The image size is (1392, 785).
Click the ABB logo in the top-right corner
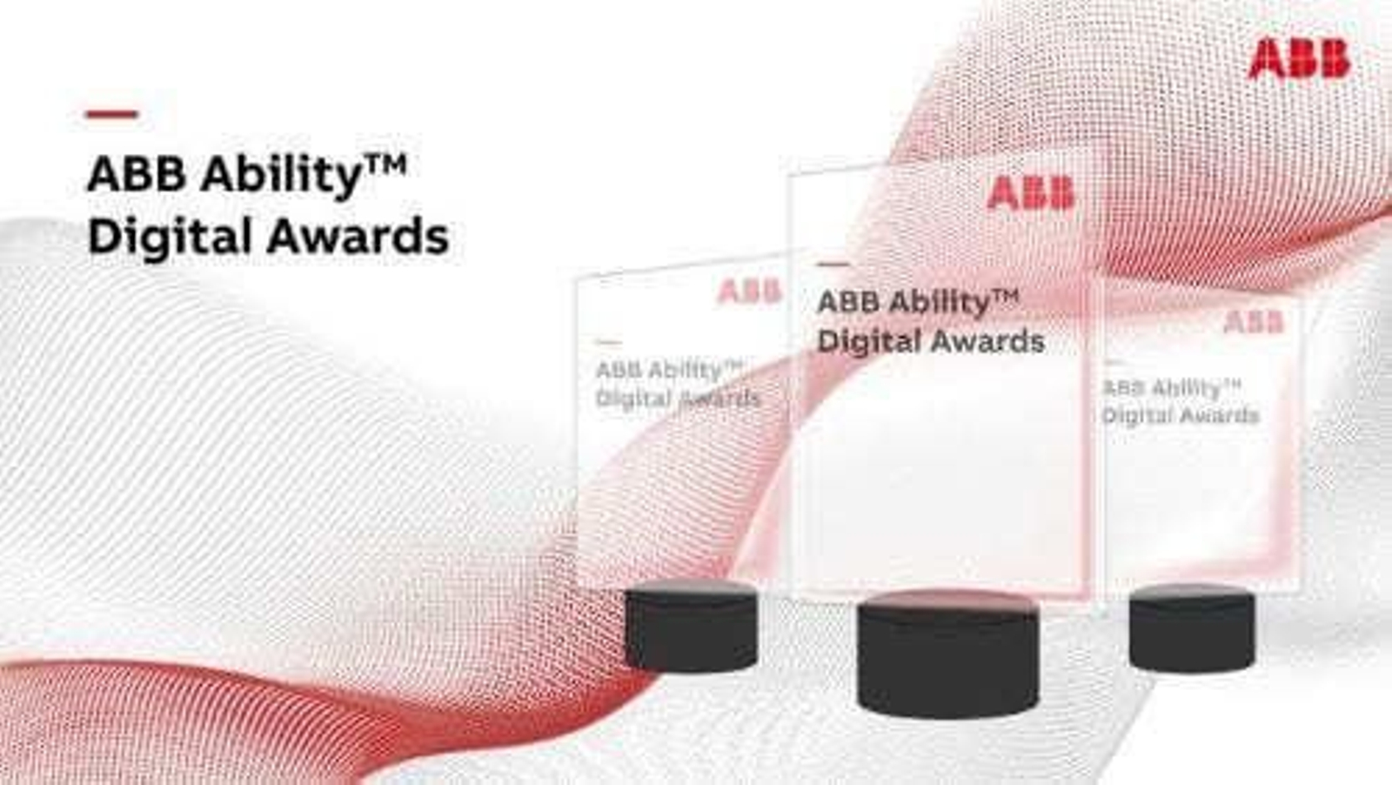coord(1298,59)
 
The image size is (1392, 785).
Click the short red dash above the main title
coord(111,114)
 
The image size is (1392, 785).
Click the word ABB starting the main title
coord(137,175)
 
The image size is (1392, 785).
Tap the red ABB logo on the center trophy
coord(1030,193)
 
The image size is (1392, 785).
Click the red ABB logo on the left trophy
coord(748,292)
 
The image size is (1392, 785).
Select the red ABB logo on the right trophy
coord(1253,322)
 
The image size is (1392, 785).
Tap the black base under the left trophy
coord(691,627)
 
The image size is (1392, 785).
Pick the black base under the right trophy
coord(1191,627)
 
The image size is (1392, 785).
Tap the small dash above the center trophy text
coord(833,263)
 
